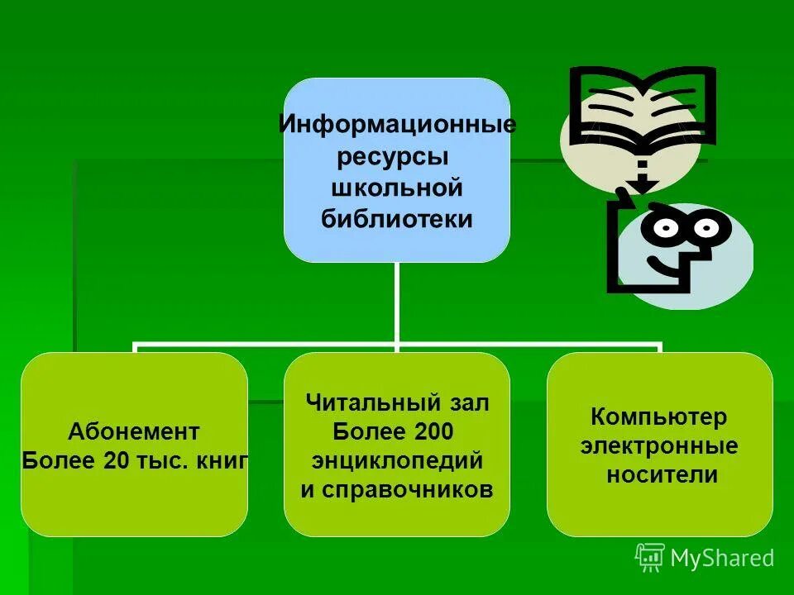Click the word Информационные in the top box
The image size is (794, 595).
click(397, 126)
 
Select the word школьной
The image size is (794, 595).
click(396, 188)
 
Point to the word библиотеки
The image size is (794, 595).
click(397, 218)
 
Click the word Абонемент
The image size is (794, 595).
click(134, 431)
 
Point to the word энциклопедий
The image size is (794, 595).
click(397, 460)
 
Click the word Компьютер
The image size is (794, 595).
click(659, 417)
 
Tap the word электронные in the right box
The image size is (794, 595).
click(659, 446)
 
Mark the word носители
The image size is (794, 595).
click(659, 475)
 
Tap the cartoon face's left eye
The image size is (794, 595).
click(667, 226)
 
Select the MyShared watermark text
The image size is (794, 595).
click(722, 558)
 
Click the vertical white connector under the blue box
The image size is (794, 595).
click(397, 302)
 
